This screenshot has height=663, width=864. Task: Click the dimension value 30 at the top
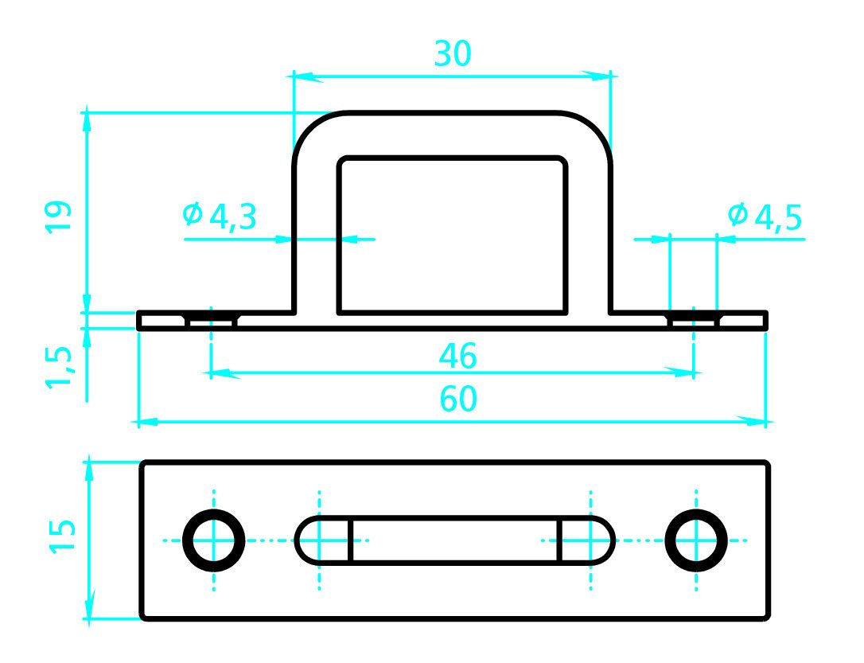[x=453, y=53]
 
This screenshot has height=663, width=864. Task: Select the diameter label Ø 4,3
[x=220, y=216]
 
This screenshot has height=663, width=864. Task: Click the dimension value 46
[x=458, y=356]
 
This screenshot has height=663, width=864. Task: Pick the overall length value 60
[x=458, y=399]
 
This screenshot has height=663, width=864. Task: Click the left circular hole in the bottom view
[x=214, y=540]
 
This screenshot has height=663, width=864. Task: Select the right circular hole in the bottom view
[x=696, y=540]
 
